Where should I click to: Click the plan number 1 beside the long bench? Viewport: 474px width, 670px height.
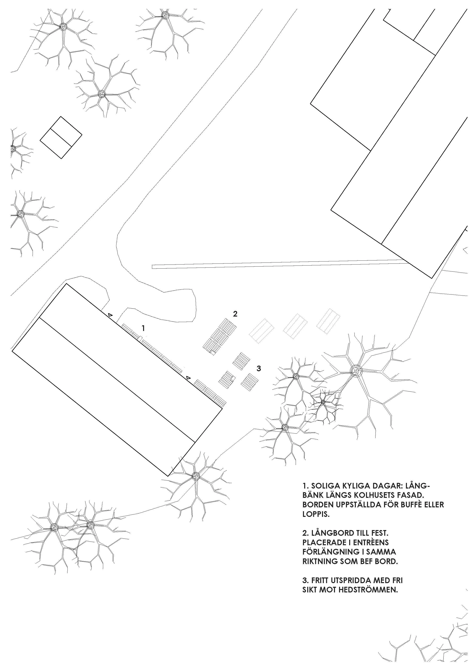click(x=143, y=328)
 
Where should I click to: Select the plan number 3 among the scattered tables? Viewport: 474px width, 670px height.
click(x=259, y=369)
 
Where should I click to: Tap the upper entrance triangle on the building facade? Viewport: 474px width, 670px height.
click(x=110, y=315)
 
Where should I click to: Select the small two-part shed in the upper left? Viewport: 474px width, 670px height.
click(x=61, y=138)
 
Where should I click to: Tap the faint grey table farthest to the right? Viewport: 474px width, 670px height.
click(x=328, y=321)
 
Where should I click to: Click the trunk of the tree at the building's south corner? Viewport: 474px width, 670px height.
click(x=195, y=476)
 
